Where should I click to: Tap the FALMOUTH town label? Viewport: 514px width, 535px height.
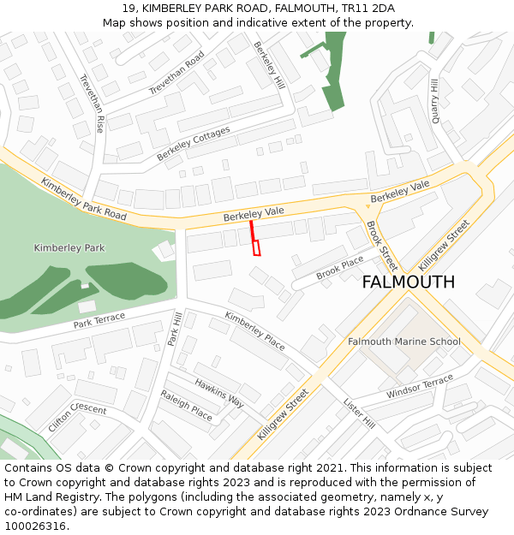click(408, 282)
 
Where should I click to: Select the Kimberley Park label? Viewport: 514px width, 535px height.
click(69, 247)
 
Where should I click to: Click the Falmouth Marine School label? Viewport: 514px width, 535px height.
click(403, 342)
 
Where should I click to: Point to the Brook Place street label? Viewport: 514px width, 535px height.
click(340, 269)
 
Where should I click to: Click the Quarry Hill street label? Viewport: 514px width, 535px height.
click(435, 101)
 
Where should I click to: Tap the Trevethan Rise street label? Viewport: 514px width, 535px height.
click(92, 102)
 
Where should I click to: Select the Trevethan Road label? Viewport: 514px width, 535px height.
click(176, 74)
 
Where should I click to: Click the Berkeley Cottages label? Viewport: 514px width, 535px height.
click(194, 144)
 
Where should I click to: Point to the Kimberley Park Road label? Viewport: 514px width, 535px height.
click(83, 199)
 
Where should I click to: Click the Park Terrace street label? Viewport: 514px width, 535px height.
click(99, 321)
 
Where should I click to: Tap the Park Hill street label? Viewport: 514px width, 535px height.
click(175, 329)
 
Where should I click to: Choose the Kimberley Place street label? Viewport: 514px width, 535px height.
click(254, 330)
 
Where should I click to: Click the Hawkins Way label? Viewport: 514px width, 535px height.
click(219, 393)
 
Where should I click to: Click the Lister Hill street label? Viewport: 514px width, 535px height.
click(359, 413)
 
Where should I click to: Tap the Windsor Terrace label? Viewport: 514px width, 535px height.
click(419, 386)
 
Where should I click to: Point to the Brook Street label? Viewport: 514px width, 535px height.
click(382, 246)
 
